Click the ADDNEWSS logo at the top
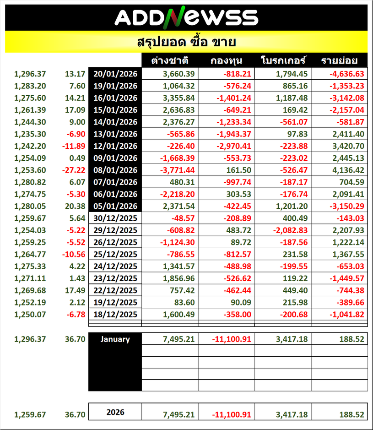point(186,17)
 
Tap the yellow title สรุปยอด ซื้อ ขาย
point(186,43)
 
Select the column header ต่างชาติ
point(170,61)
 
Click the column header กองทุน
point(227,61)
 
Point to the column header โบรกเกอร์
point(283,61)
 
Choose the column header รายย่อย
point(339,61)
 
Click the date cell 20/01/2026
point(115,74)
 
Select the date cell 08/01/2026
point(115,170)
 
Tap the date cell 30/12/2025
point(115,218)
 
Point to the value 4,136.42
point(347,170)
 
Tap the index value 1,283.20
point(30,86)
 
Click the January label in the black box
point(115,339)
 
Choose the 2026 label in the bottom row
point(115,412)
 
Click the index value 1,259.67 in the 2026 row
point(30,414)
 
